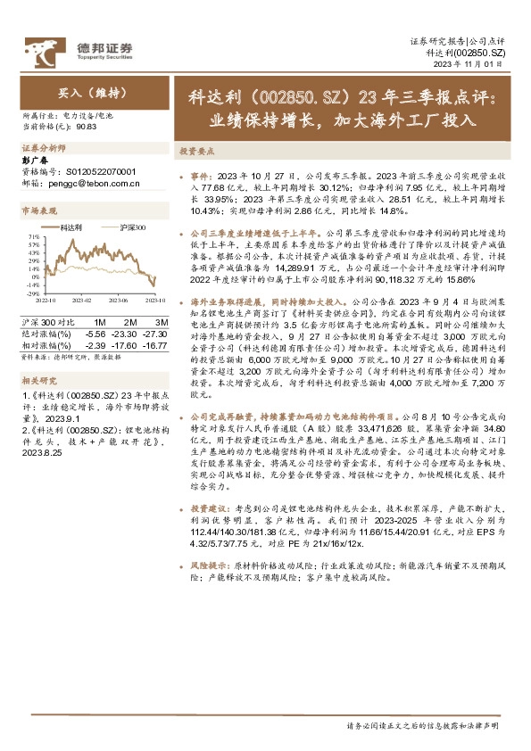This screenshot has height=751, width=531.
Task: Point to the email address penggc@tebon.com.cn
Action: click(x=90, y=183)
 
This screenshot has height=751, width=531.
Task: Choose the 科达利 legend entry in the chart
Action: click(x=71, y=227)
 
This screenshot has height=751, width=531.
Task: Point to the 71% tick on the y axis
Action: click(x=31, y=235)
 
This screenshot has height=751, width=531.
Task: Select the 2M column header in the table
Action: click(x=130, y=320)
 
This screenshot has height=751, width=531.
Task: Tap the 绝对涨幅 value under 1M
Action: click(x=95, y=332)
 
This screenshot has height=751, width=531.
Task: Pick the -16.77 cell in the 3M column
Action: click(x=155, y=343)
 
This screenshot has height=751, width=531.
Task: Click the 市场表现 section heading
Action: click(x=39, y=210)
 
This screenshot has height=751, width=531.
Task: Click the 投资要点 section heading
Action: click(x=197, y=152)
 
